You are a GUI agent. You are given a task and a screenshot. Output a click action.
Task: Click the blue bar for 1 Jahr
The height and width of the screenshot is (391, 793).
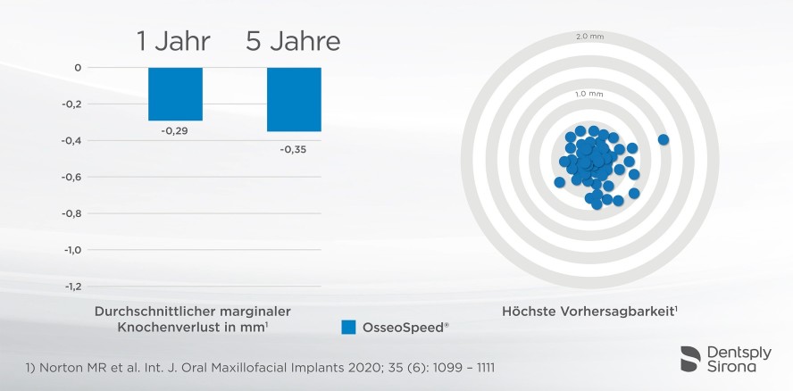(175, 94)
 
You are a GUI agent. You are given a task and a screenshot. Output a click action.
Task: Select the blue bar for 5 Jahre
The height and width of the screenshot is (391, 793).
(294, 99)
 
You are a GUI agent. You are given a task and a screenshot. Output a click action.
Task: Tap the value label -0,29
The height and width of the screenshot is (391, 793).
(175, 130)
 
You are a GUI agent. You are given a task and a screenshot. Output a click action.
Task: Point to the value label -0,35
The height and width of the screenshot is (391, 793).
(294, 149)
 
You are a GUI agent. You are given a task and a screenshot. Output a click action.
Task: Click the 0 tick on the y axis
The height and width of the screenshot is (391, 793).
(79, 68)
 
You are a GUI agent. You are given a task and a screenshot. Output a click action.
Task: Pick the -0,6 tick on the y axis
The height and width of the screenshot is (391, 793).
(72, 177)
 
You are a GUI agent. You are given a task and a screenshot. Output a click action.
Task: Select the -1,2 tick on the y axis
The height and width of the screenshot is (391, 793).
(72, 287)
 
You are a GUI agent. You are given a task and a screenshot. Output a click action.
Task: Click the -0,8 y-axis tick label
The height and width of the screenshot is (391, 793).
(72, 213)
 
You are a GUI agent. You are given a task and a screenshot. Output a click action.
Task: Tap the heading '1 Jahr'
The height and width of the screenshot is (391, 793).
(175, 41)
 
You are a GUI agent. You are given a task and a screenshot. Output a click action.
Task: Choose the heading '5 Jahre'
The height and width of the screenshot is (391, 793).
(294, 41)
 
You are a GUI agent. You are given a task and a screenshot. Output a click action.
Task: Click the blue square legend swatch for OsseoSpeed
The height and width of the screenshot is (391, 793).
(349, 328)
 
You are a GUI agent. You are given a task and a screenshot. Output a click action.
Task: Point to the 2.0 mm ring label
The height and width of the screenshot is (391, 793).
(589, 37)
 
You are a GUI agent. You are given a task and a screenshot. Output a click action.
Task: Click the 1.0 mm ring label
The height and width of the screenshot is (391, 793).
(589, 94)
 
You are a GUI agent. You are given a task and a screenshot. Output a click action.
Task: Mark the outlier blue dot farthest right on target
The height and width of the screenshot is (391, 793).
(663, 139)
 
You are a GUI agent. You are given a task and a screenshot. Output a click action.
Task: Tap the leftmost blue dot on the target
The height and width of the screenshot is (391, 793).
(559, 182)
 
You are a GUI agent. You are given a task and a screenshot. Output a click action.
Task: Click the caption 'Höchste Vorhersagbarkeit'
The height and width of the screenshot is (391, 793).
(588, 311)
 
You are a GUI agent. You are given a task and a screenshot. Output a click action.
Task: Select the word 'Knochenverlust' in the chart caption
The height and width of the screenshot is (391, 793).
(165, 328)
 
